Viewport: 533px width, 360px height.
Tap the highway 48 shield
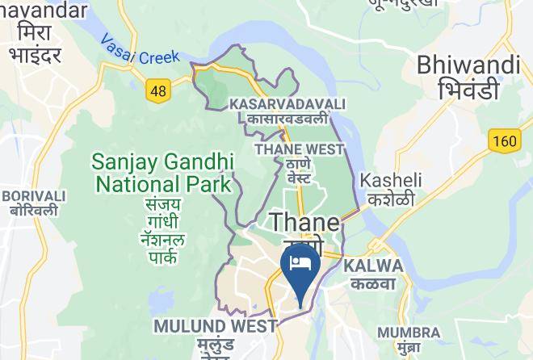tap(158, 90)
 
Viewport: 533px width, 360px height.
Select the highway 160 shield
tap(503, 141)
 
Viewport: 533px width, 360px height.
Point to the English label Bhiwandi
tap(468, 64)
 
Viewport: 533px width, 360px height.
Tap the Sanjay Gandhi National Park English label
tap(162, 172)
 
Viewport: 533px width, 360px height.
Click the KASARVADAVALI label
tap(287, 104)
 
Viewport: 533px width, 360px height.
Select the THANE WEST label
tap(299, 149)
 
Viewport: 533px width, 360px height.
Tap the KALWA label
tap(373, 266)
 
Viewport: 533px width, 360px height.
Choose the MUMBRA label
tap(409, 333)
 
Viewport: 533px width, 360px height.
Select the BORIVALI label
tap(33, 195)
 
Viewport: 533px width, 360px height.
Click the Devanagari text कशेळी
tap(388, 199)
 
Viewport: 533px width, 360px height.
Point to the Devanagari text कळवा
tap(372, 283)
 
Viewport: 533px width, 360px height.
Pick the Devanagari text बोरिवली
tap(33, 211)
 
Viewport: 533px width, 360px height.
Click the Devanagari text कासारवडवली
tap(287, 119)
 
